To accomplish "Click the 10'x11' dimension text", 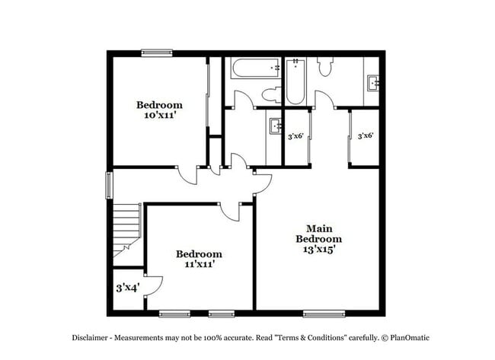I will pyautogui.click(x=159, y=116).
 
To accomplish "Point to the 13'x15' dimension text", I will pyautogui.click(x=318, y=249).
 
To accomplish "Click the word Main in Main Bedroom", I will pyautogui.click(x=318, y=228).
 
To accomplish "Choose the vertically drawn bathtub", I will pyautogui.click(x=295, y=82).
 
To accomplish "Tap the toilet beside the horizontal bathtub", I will pyautogui.click(x=270, y=94).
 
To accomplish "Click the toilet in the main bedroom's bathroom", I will pyautogui.click(x=325, y=66).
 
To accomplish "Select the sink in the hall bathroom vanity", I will pyautogui.click(x=276, y=126).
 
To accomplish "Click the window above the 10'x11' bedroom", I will pyautogui.click(x=157, y=53).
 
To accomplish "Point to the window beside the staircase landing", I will pyautogui.click(x=109, y=185).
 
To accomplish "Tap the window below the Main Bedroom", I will pyautogui.click(x=324, y=314).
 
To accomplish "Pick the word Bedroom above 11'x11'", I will pyautogui.click(x=199, y=253).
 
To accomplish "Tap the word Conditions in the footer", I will pyautogui.click(x=323, y=337).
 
